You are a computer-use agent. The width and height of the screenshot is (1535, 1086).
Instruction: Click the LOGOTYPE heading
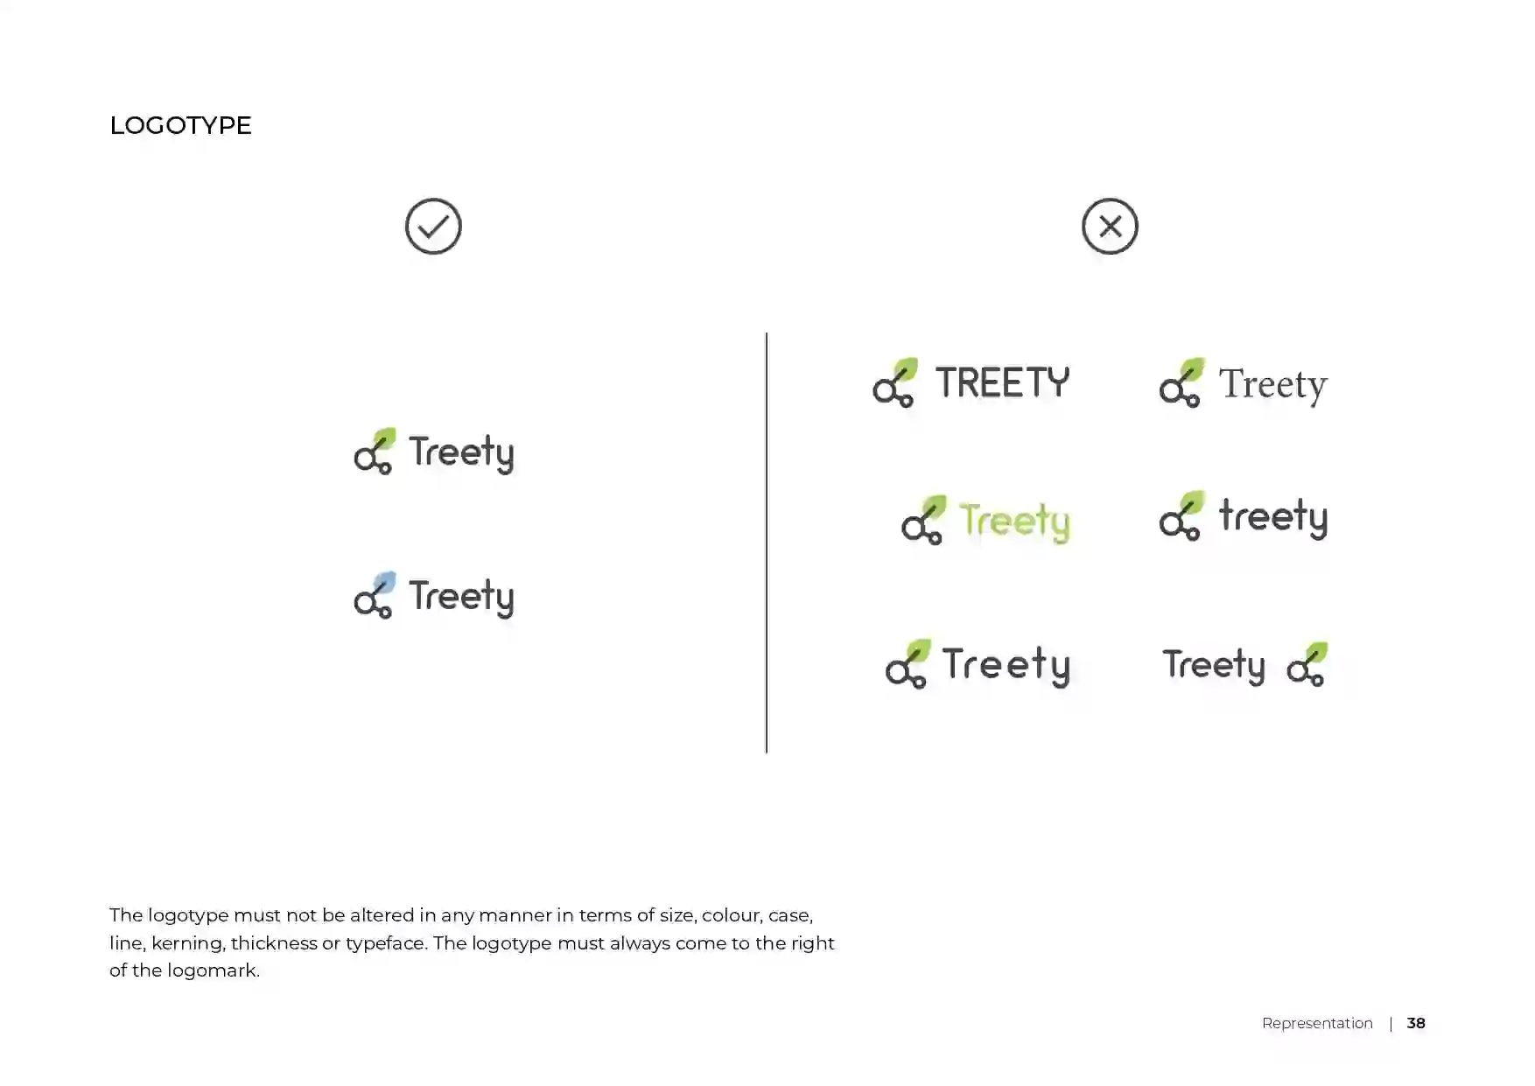click(180, 125)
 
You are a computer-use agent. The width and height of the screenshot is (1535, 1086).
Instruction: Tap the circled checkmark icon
click(433, 227)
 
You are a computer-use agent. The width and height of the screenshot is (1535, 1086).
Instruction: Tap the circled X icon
click(1110, 227)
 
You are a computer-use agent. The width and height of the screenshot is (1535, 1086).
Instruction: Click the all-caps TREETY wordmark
click(1003, 382)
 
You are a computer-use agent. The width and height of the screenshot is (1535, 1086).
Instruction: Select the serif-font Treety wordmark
click(1273, 385)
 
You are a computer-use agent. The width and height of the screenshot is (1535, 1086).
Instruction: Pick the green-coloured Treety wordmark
click(1014, 522)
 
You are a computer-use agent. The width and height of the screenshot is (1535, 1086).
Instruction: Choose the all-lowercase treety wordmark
click(1273, 517)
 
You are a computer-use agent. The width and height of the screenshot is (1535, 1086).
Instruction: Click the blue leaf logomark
click(375, 595)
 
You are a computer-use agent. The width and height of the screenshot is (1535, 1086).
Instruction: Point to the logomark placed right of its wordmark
click(1307, 664)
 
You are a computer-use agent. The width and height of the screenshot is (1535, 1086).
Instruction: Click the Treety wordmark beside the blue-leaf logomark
click(461, 597)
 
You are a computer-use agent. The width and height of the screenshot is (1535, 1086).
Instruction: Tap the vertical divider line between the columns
click(767, 543)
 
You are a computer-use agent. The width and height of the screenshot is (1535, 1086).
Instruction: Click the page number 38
click(1416, 1023)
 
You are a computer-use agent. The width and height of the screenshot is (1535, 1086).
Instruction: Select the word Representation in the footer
click(1317, 1024)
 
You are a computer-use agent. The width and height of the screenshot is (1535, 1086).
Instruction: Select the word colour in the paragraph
click(730, 915)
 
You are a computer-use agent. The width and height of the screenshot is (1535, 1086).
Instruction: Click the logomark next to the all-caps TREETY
click(894, 382)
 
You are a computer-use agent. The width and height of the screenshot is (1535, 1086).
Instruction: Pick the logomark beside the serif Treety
click(1181, 382)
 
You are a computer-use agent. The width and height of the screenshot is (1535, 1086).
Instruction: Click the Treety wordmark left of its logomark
click(1214, 666)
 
